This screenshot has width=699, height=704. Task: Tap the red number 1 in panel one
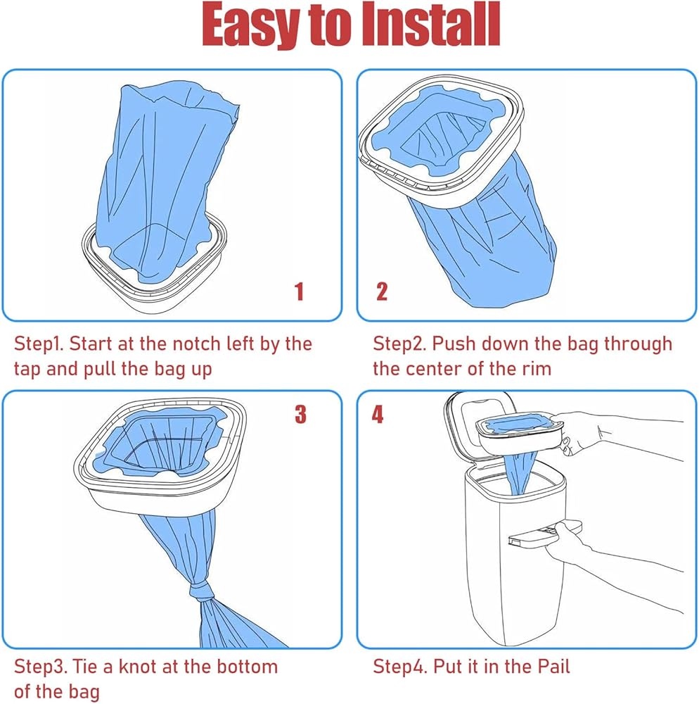(x=299, y=291)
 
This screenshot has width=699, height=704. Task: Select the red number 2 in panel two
(x=382, y=291)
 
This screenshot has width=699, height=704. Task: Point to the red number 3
(x=300, y=414)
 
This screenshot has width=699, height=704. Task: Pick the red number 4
(x=378, y=414)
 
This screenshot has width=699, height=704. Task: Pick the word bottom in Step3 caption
(x=248, y=667)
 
